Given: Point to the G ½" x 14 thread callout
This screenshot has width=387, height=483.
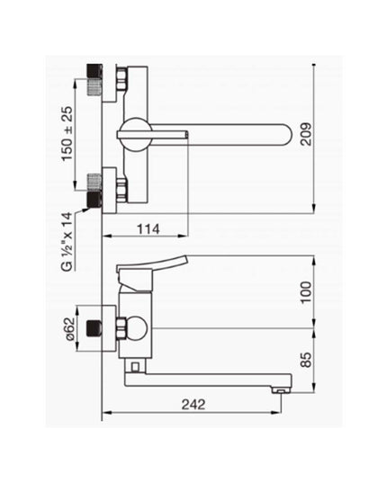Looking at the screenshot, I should tap(67, 241).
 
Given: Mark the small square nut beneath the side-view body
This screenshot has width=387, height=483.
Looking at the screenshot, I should tap(135, 364).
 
